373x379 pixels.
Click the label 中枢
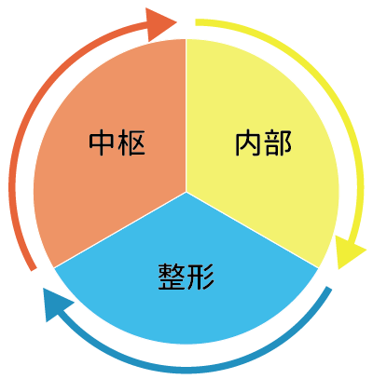click(x=117, y=142)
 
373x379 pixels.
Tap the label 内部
click(x=263, y=143)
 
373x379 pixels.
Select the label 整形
click(x=186, y=277)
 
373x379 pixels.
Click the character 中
click(x=102, y=142)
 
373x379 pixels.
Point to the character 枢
click(x=131, y=142)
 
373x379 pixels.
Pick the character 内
click(x=248, y=143)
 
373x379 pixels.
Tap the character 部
click(x=278, y=143)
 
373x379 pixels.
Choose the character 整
click(x=171, y=277)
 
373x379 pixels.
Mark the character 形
click(x=201, y=277)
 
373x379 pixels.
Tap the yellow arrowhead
click(x=349, y=250)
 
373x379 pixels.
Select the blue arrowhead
click(x=57, y=305)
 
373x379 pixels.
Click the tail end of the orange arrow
click(x=34, y=269)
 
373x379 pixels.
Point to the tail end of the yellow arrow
click(x=196, y=22)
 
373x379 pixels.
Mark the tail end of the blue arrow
click(x=329, y=289)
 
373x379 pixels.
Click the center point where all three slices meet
click(x=186, y=192)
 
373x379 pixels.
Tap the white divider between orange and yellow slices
click(x=186, y=115)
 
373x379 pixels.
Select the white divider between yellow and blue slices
click(x=253, y=230)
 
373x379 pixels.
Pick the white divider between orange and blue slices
click(x=119, y=230)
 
